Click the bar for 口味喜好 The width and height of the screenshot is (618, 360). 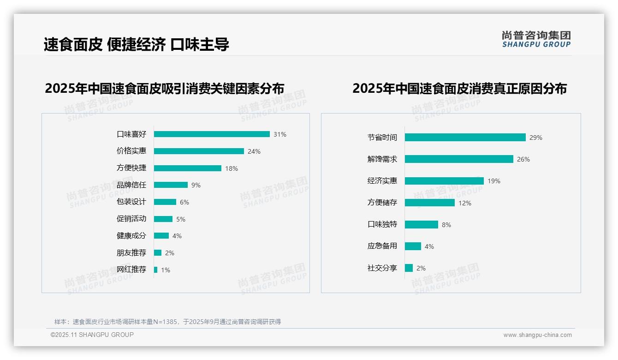(212, 134)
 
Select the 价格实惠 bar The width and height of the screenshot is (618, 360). (199, 151)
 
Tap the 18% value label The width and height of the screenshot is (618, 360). (232, 168)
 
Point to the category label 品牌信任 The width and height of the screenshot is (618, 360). (131, 185)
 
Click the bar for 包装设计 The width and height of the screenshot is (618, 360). (165, 202)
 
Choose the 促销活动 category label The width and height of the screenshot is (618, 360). (131, 219)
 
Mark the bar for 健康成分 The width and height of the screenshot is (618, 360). (161, 236)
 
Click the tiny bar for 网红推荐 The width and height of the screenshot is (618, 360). (156, 270)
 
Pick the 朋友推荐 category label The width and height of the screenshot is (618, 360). (131, 253)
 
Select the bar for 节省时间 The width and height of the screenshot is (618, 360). (465, 138)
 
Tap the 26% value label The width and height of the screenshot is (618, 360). (523, 159)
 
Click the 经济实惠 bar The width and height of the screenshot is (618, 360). (444, 181)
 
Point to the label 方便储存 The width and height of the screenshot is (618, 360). (382, 203)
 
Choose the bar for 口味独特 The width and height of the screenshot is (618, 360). (422, 224)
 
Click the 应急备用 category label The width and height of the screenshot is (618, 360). (382, 246)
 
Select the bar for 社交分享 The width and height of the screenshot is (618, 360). (409, 268)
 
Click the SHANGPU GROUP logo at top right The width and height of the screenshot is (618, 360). (536, 39)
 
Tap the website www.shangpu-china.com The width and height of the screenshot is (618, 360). (537, 335)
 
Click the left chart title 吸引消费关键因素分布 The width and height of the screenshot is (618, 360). (164, 88)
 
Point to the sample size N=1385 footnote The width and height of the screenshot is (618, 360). (167, 322)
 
